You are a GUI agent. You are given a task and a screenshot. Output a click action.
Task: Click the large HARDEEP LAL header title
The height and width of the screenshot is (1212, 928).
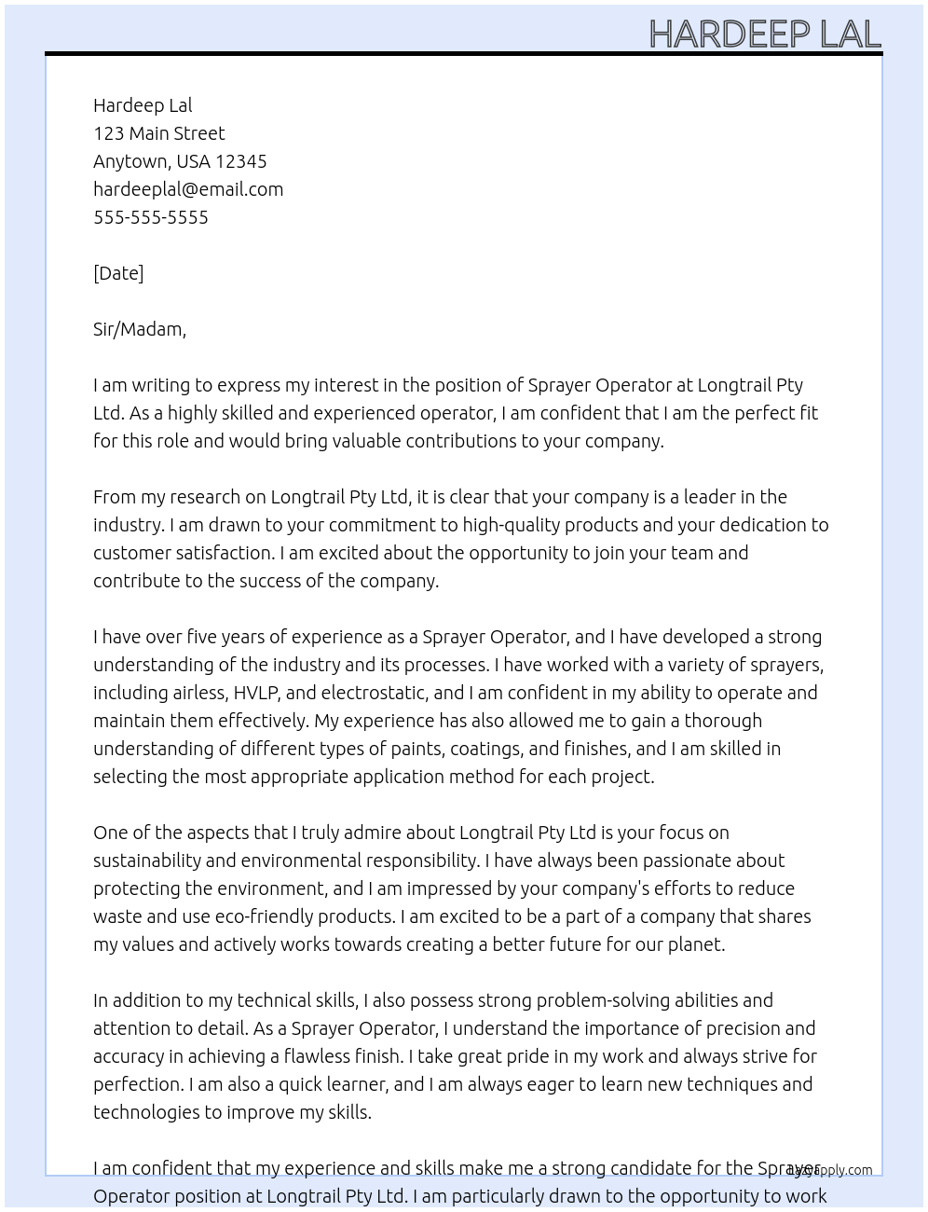pyautogui.click(x=764, y=34)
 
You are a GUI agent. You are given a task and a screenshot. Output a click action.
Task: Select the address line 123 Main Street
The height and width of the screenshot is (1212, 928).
pyautogui.click(x=158, y=133)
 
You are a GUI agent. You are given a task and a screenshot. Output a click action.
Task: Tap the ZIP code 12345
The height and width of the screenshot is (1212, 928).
pyautogui.click(x=240, y=161)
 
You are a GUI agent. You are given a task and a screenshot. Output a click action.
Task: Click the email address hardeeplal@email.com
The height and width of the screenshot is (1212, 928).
pyautogui.click(x=188, y=189)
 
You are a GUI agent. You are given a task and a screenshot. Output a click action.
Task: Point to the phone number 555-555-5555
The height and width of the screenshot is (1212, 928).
pyautogui.click(x=151, y=217)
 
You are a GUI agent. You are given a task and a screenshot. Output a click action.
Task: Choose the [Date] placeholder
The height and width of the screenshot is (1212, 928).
pyautogui.click(x=118, y=273)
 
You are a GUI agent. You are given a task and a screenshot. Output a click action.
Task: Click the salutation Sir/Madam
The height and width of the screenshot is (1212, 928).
pyautogui.click(x=139, y=329)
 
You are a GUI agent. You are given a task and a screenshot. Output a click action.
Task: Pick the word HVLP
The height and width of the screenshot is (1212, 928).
pyautogui.click(x=255, y=693)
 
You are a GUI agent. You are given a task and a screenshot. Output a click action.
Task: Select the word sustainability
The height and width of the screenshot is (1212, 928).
pyautogui.click(x=147, y=861)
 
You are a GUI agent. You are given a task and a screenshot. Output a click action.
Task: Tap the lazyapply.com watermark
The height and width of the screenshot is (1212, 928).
pyautogui.click(x=830, y=1170)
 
